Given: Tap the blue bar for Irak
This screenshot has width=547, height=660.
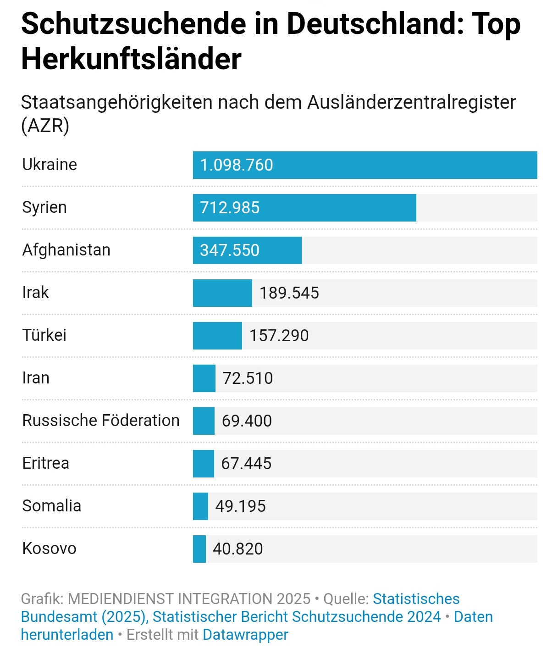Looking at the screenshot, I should pyautogui.click(x=222, y=293).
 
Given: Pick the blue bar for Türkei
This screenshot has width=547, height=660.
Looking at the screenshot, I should pyautogui.click(x=217, y=336).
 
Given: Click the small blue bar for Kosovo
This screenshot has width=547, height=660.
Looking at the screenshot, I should pyautogui.click(x=199, y=549).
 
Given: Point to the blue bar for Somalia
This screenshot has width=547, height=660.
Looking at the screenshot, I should pyautogui.click(x=200, y=506).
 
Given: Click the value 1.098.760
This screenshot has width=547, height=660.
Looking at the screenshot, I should pyautogui.click(x=237, y=165).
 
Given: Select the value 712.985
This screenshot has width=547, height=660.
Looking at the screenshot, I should pyautogui.click(x=230, y=208).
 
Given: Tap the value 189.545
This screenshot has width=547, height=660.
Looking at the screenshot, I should pyautogui.click(x=289, y=293).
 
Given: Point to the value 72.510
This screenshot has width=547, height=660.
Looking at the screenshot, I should pyautogui.click(x=248, y=378).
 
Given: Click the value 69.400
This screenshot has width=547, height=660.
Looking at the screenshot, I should pyautogui.click(x=247, y=421).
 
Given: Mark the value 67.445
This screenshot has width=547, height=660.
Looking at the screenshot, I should pyautogui.click(x=246, y=464).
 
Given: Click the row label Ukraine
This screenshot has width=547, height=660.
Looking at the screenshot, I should pyautogui.click(x=50, y=165).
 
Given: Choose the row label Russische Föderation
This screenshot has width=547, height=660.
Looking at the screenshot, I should pyautogui.click(x=101, y=421).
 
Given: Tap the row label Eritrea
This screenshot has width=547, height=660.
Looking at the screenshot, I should pyautogui.click(x=46, y=463).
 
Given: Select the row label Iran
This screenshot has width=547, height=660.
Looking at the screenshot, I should pyautogui.click(x=36, y=378).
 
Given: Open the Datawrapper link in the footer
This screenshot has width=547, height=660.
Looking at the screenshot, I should pyautogui.click(x=245, y=635).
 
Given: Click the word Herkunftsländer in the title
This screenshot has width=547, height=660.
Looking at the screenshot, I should pyautogui.click(x=131, y=59).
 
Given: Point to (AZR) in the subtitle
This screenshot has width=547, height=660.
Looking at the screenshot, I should pyautogui.click(x=45, y=125).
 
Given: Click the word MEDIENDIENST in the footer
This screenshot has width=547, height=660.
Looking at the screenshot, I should pyautogui.click(x=120, y=599).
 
